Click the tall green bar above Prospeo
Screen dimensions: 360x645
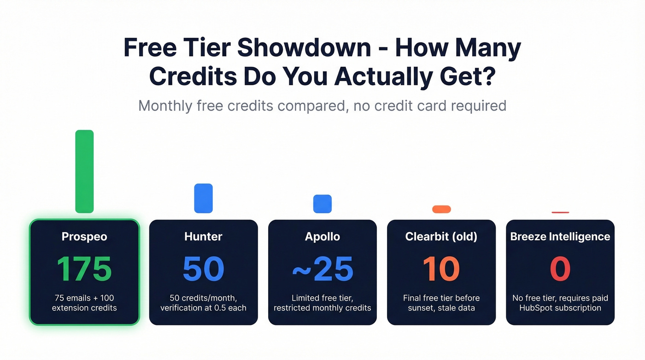(84, 171)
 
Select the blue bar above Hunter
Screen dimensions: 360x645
(203, 198)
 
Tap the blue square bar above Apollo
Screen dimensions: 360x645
(322, 204)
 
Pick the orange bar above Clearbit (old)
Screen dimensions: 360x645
(441, 209)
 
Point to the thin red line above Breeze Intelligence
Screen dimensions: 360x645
(560, 212)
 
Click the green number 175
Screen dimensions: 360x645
(84, 269)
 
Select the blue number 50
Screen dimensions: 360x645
(203, 269)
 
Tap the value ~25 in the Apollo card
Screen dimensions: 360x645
(322, 269)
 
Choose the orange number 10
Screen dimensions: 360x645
(441, 269)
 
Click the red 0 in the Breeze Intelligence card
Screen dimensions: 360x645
(560, 269)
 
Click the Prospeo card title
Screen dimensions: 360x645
(84, 237)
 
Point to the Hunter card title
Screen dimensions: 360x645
(203, 237)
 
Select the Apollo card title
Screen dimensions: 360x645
(322, 237)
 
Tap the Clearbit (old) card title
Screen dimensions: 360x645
(441, 237)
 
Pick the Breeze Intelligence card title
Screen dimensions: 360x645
(560, 237)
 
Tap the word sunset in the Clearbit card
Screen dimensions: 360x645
(422, 308)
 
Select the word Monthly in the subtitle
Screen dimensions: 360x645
(165, 106)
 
